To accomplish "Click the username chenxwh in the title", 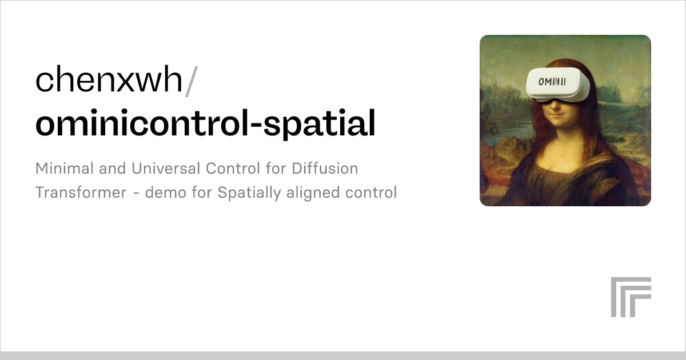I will pos(109,81).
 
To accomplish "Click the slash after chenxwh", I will pos(192,81).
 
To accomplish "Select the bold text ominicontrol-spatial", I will pos(205,124).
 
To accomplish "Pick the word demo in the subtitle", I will pos(163,193).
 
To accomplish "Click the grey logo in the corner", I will pos(631,297).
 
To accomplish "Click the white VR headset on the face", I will pos(557,85).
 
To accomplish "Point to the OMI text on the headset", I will pos(552,81).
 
